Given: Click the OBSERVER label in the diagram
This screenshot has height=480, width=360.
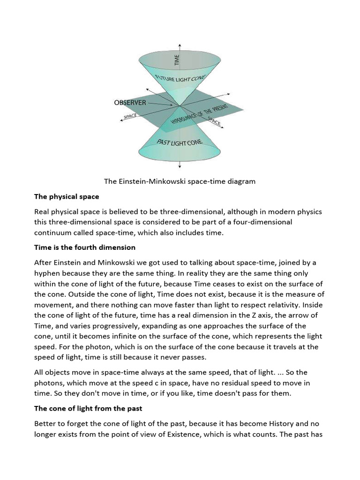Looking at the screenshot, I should click(129, 103).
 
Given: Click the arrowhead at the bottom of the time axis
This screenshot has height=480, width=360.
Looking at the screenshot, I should click(180, 165).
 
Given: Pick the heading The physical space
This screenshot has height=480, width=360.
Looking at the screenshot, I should click(67, 196).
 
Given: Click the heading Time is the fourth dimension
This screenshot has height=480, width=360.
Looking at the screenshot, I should click(84, 247).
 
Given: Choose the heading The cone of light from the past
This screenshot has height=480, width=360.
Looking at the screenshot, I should click(88, 408).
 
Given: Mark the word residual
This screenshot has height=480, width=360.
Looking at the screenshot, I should click(226, 383).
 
